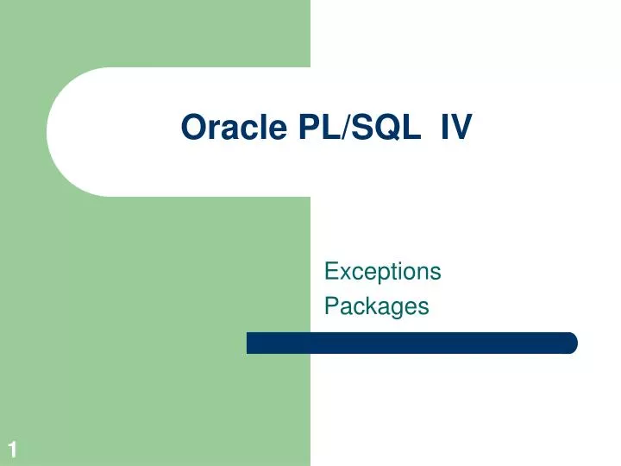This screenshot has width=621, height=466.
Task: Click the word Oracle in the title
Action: coord(232,128)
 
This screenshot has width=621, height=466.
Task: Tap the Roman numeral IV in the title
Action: coord(456,128)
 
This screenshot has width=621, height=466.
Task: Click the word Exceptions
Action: coord(382,272)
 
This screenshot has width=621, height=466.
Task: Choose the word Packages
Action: coord(376,306)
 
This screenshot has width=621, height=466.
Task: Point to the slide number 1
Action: coord(13,449)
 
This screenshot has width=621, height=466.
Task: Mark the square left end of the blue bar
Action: coord(251,343)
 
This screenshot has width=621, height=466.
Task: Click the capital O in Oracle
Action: coord(191,128)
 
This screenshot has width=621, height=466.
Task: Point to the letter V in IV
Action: coord(462,128)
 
